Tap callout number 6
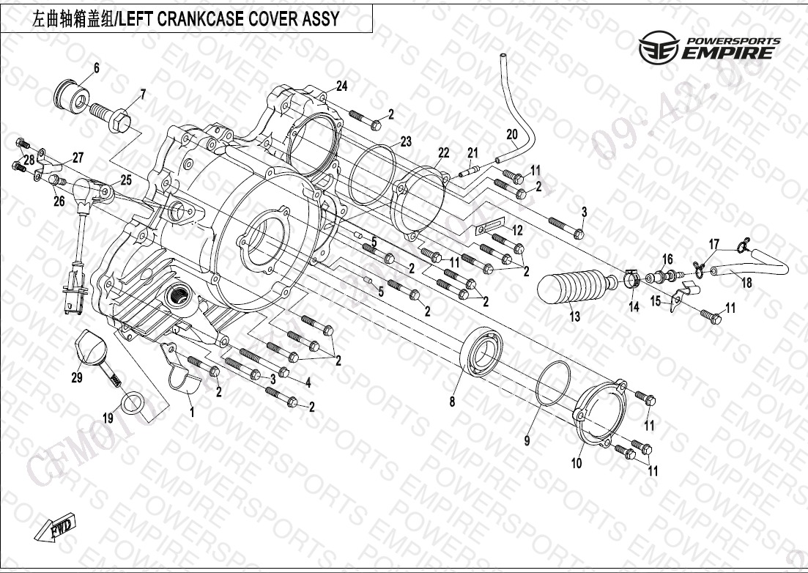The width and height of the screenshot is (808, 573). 96,70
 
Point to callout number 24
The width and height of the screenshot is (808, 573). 341,86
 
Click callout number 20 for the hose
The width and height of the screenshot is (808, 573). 511,134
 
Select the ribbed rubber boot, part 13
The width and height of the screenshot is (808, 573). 575,285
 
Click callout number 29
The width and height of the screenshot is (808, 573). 76,378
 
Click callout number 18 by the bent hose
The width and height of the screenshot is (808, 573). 746,284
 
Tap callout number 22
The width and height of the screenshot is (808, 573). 443,152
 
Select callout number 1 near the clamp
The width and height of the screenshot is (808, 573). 192,413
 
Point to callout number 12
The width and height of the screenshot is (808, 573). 517,230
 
